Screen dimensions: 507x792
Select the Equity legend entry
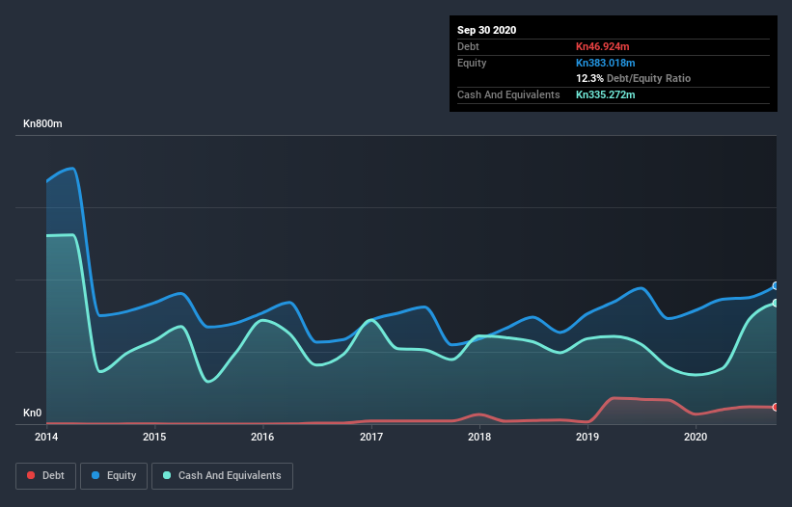pos(114,475)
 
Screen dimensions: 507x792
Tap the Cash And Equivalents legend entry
pos(222,475)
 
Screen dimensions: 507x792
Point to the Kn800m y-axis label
pos(42,124)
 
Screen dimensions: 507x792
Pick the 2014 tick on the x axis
pos(46,437)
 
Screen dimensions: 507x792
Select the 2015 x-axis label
pos(154,437)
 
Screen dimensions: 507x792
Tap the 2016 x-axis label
pos(262,437)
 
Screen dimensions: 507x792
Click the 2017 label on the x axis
pos(371,437)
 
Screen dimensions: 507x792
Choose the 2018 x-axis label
pos(479,437)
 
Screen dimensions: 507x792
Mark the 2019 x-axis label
pos(587,437)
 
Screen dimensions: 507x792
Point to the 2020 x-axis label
pos(696,437)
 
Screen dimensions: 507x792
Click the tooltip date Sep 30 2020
pos(487,30)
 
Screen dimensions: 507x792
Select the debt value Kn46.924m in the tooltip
pos(603,46)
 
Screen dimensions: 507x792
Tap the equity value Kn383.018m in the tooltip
pos(606,63)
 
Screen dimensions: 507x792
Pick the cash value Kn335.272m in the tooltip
pos(606,94)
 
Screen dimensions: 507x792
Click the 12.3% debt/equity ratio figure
pos(589,78)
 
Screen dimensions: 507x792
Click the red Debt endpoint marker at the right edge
pos(776,407)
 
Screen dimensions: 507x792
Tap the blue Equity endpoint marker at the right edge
pos(776,285)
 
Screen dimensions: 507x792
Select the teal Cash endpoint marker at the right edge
pos(776,303)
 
